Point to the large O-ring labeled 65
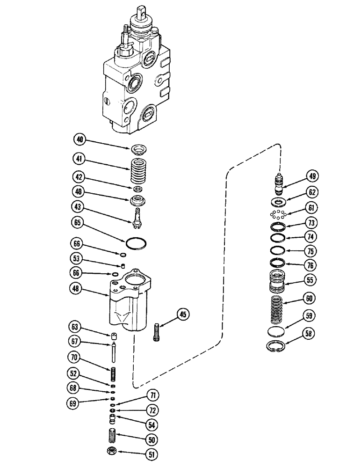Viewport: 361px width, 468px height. coord(136,243)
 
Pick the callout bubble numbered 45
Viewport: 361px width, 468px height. coord(183,315)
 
